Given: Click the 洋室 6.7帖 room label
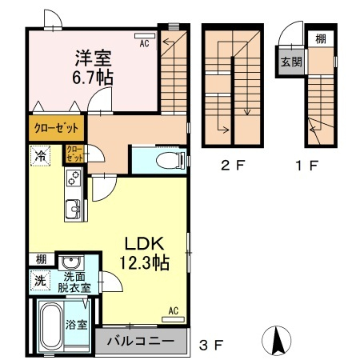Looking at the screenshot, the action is click(93, 68).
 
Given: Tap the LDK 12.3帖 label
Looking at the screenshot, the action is click(144, 253).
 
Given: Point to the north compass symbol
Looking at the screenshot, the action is click(277, 341).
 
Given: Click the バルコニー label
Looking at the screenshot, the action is click(141, 341).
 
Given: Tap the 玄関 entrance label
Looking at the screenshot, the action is click(291, 62).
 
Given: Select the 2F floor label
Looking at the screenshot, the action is click(233, 166).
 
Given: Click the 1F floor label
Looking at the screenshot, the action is click(306, 166).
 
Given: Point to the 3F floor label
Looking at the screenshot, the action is click(211, 346).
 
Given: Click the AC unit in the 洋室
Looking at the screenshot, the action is click(145, 35).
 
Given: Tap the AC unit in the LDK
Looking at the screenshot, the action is click(173, 319).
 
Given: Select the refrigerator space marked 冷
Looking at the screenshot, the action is click(41, 155).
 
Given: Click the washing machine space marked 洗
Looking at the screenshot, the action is click(40, 280).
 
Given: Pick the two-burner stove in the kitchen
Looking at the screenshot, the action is click(74, 178).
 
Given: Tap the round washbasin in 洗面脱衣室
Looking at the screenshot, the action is click(70, 262).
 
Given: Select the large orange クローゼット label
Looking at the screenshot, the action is click(57, 128).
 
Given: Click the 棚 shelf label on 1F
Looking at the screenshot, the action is click(321, 39).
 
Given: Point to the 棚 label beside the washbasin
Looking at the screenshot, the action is click(41, 259).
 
